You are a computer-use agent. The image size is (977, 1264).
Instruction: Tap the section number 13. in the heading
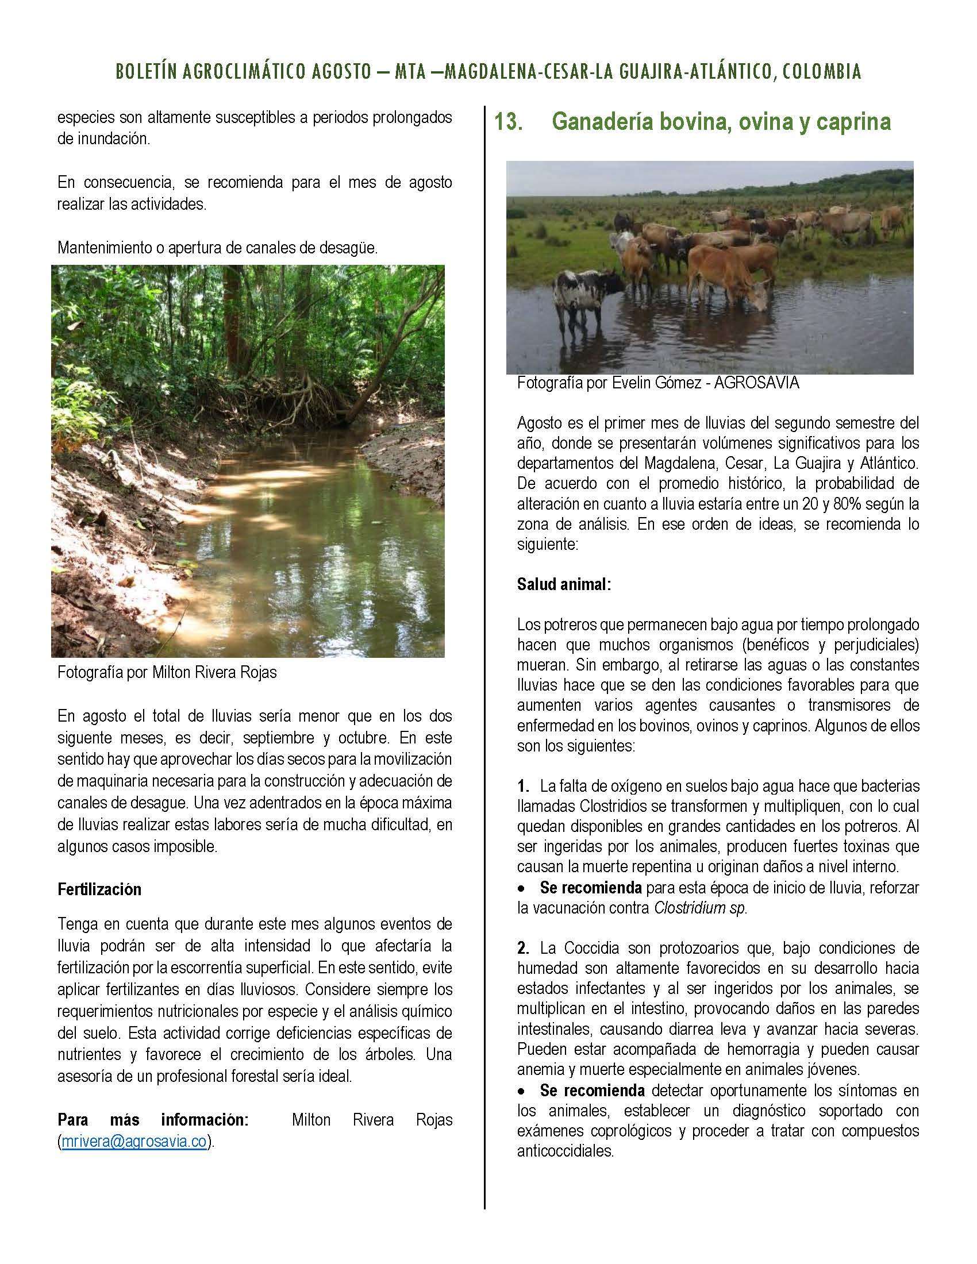(509, 122)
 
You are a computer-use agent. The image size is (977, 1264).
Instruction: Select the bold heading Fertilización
(99, 889)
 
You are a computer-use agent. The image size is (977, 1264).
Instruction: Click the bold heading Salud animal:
(564, 584)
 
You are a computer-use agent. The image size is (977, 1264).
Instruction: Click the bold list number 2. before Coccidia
(524, 948)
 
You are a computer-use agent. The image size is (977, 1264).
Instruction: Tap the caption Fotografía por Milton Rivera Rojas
(167, 673)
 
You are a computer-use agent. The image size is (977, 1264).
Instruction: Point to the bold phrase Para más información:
(153, 1120)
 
